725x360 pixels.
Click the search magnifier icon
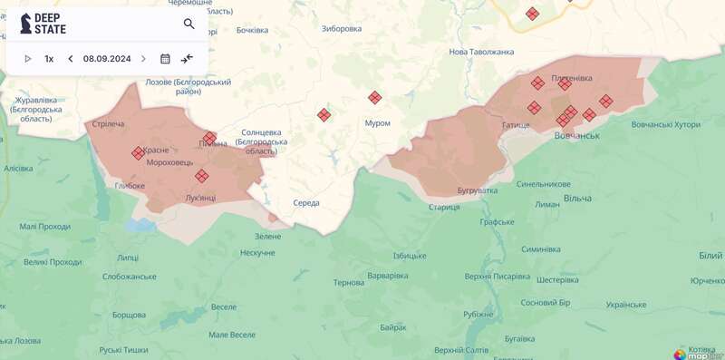coord(188,24)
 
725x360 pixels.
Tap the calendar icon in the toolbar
coord(165,59)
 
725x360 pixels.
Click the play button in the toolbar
coord(27,59)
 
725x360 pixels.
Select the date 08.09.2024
coord(107,59)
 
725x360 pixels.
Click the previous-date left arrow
coord(71,59)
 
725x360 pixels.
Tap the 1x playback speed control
coord(49,59)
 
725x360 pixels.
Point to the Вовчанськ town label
coord(576,135)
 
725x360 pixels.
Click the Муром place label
coord(377,122)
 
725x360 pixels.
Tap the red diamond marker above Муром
coord(374,98)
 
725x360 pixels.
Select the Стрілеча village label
coord(108,123)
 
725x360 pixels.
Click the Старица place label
coord(444,207)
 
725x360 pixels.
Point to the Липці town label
coord(128,258)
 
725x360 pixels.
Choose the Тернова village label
coord(349,283)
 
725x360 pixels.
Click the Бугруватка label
coord(478,190)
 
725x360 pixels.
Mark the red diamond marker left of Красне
coord(138,153)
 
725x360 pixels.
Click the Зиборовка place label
coord(341,28)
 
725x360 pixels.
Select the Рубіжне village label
coord(478,314)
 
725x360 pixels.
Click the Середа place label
coord(306,202)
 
